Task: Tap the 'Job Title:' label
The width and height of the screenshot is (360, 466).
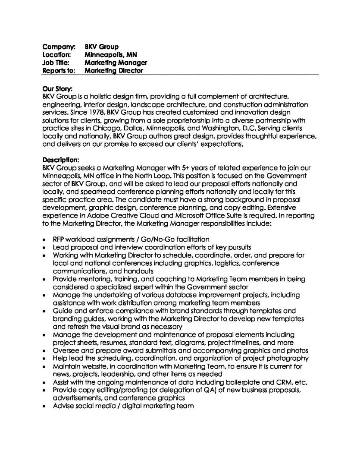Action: point(56,63)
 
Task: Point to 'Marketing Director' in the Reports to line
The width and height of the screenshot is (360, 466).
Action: point(114,70)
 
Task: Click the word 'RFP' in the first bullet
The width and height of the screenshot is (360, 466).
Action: point(59,239)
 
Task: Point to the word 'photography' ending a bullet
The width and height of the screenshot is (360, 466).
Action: point(288,358)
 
